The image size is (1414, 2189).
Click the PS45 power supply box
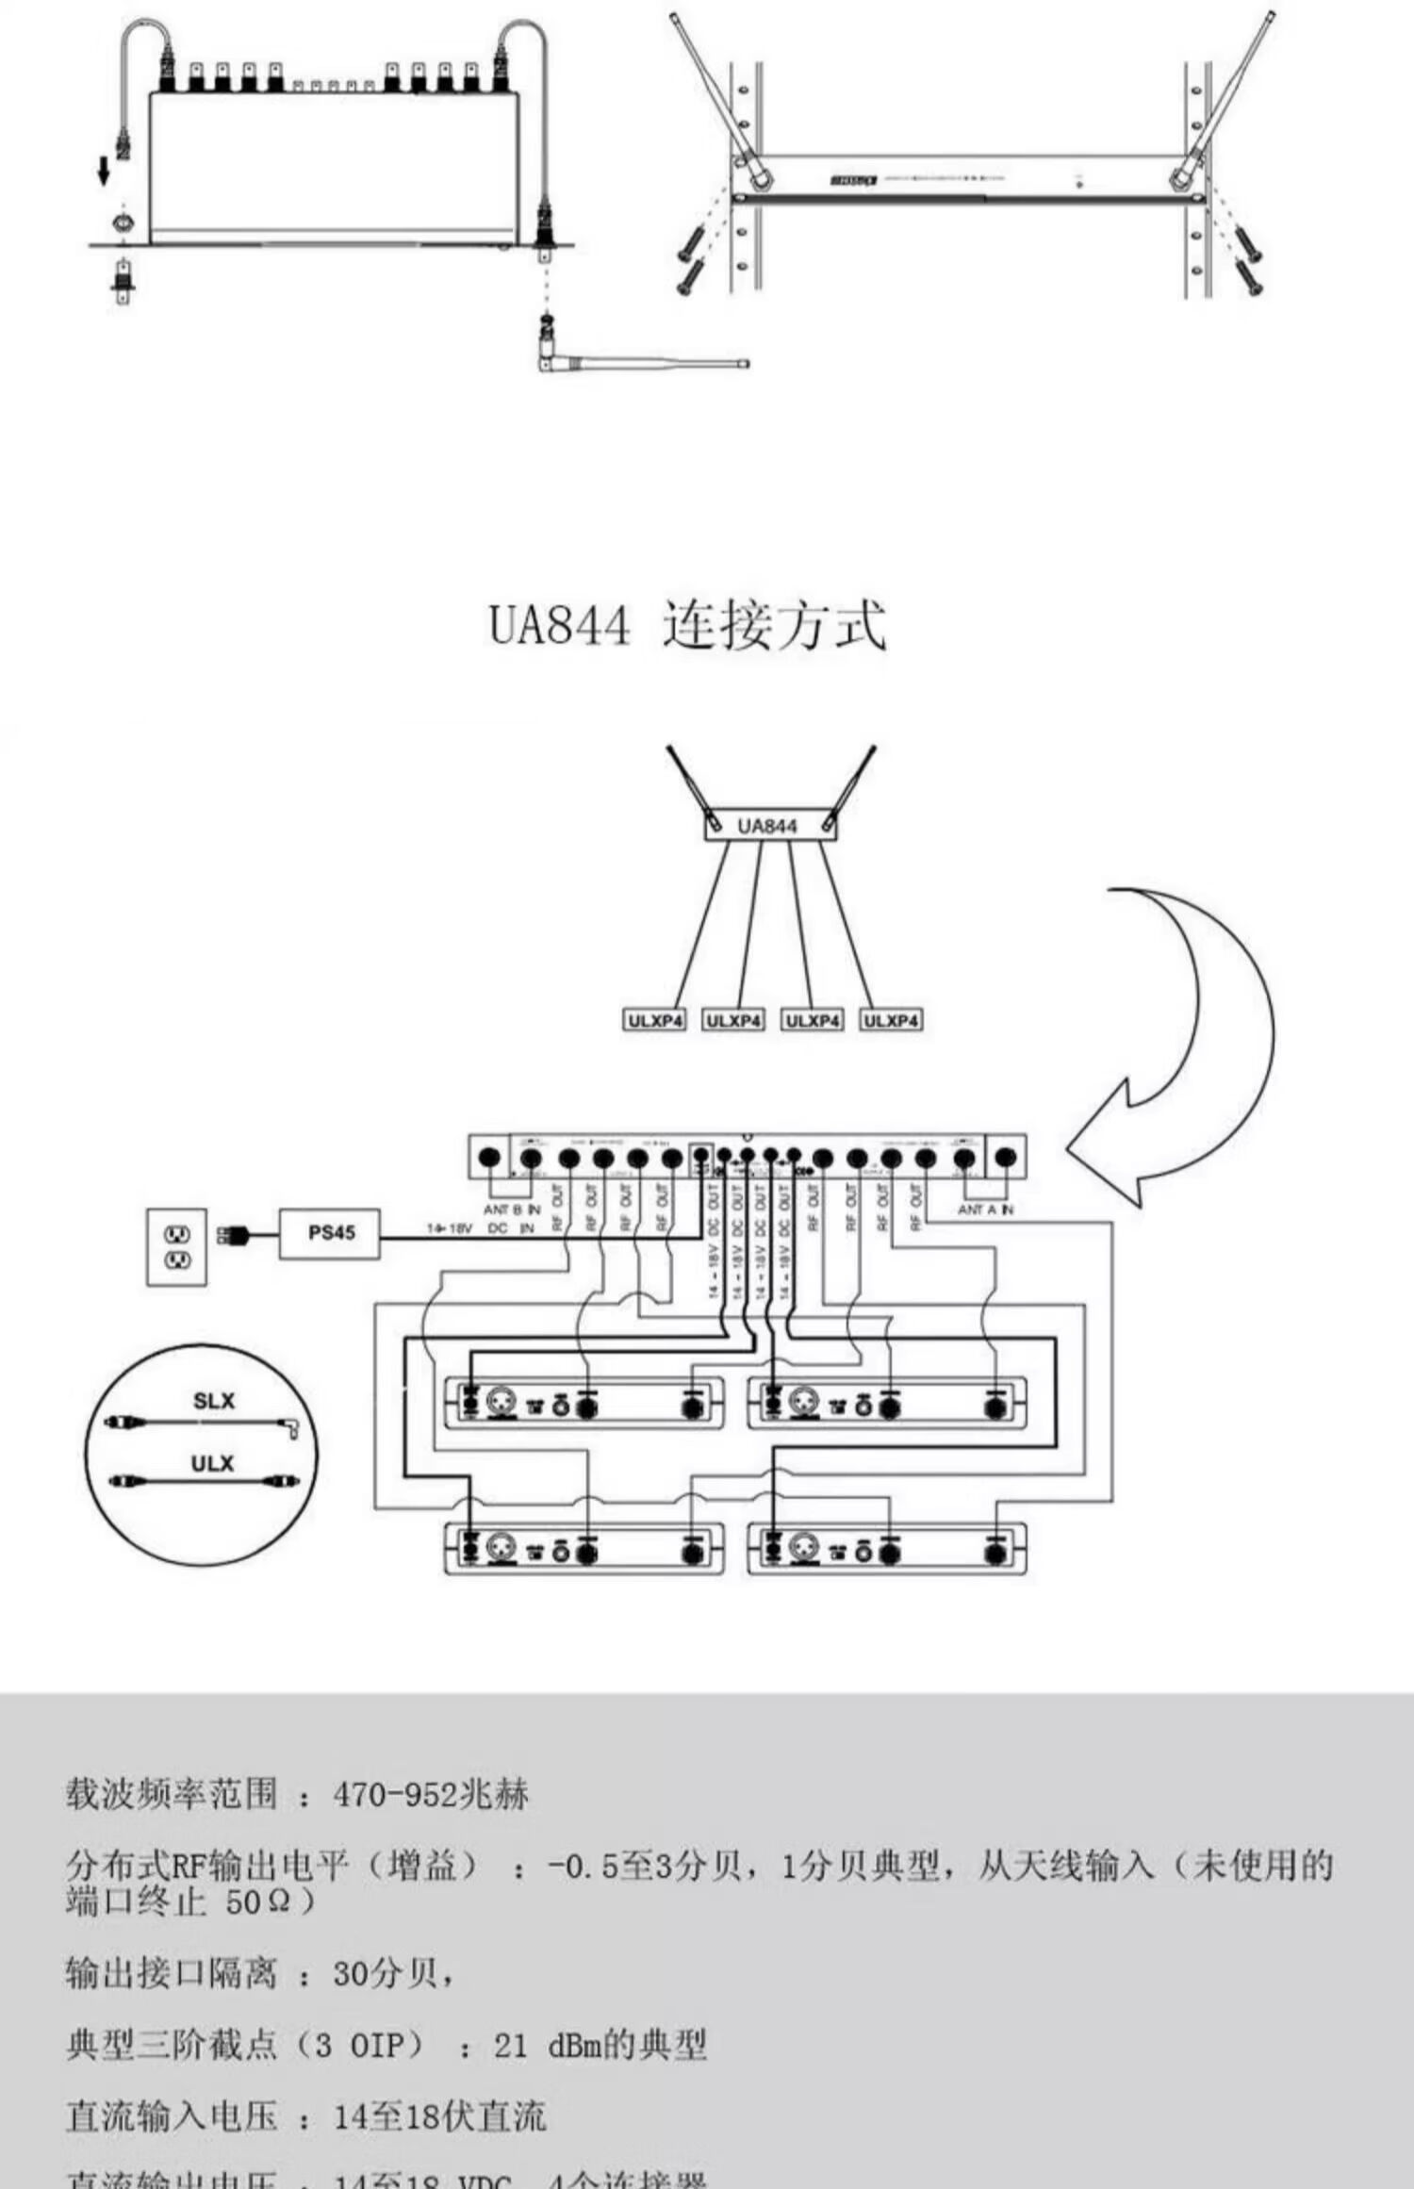330,1233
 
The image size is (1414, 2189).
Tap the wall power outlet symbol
177,1245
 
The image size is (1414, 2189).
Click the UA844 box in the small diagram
768,826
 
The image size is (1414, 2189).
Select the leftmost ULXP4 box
655,1020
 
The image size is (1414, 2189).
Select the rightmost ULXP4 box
891,1020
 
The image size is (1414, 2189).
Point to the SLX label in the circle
214,1401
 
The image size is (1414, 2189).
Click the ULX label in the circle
212,1463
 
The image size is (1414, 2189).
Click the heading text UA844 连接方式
687,624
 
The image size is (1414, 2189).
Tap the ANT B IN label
512,1210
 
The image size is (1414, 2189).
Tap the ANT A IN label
986,1210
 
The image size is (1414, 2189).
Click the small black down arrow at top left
104,171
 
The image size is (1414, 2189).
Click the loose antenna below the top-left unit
641,362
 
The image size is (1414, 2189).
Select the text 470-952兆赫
430,1794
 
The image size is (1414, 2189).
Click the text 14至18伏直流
440,2116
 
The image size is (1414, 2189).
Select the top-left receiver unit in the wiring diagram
584,1405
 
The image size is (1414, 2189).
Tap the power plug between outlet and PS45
232,1234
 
